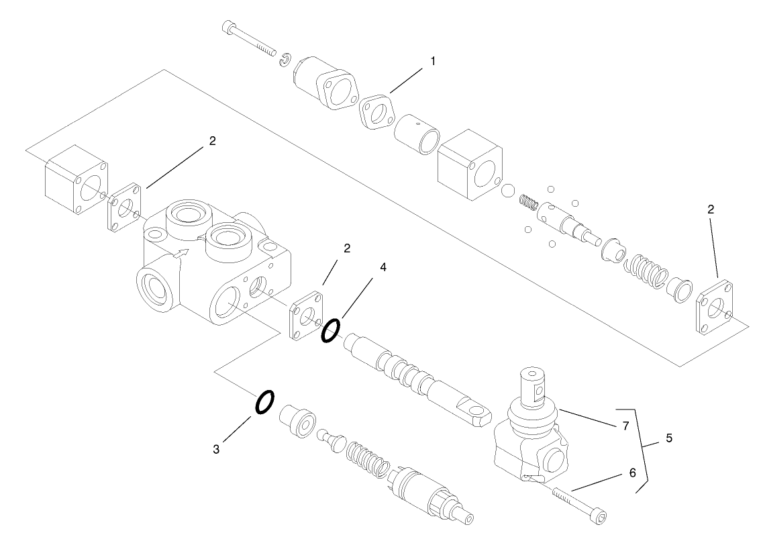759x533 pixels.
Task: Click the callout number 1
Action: [433, 61]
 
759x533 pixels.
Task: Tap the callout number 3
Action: [216, 450]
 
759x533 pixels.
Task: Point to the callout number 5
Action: [668, 438]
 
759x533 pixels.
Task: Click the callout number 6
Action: [631, 473]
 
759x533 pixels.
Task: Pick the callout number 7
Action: [625, 426]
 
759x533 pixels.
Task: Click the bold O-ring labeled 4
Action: [330, 330]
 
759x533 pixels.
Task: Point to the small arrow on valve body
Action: [179, 254]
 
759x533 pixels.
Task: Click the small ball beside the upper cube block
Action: [508, 192]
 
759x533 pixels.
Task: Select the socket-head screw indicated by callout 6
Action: [581, 505]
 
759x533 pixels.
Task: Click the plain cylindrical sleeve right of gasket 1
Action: [417, 136]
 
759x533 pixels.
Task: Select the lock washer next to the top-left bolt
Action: [285, 59]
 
